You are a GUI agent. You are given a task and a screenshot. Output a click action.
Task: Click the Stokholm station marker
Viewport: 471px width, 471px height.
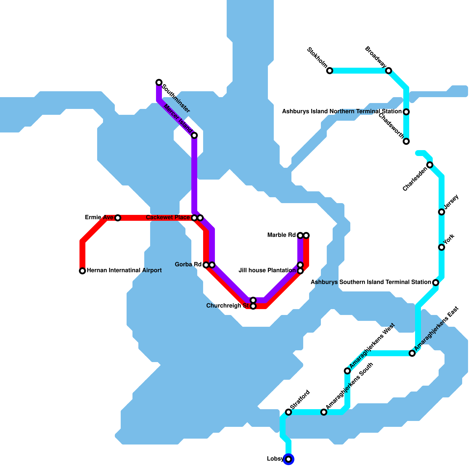(330, 71)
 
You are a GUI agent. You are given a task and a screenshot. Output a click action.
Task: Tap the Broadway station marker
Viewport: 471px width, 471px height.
(389, 71)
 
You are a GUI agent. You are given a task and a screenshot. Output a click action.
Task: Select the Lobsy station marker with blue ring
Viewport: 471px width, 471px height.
(288, 459)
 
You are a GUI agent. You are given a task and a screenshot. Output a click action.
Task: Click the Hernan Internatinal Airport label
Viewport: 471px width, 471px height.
(124, 271)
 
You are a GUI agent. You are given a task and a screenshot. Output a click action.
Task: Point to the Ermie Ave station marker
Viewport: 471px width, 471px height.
(118, 218)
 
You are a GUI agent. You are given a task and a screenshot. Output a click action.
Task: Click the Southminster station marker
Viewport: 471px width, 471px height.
(159, 82)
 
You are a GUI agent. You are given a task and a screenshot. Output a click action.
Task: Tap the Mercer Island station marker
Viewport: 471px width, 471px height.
(194, 135)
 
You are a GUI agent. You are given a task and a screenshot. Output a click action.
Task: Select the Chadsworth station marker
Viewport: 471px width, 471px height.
(406, 141)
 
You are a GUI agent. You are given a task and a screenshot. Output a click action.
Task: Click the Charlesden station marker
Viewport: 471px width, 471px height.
(430, 165)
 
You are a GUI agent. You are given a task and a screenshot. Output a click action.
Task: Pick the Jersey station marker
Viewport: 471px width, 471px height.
(442, 212)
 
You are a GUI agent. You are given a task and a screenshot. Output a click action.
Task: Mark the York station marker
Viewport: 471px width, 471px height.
(442, 247)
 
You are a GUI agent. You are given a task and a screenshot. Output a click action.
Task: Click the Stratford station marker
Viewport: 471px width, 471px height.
(288, 412)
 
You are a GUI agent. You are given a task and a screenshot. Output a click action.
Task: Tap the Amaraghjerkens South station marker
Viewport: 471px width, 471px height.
(324, 412)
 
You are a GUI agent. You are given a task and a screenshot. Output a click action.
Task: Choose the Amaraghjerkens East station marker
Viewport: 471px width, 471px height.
(412, 353)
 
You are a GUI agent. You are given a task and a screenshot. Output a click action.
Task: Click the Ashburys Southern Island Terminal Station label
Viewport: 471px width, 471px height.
(371, 282)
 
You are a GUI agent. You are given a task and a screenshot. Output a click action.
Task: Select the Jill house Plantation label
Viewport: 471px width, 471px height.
(267, 270)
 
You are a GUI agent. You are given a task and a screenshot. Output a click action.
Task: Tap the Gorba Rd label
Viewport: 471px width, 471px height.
(188, 265)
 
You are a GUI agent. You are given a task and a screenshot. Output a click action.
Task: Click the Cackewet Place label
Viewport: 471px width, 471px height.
(168, 218)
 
